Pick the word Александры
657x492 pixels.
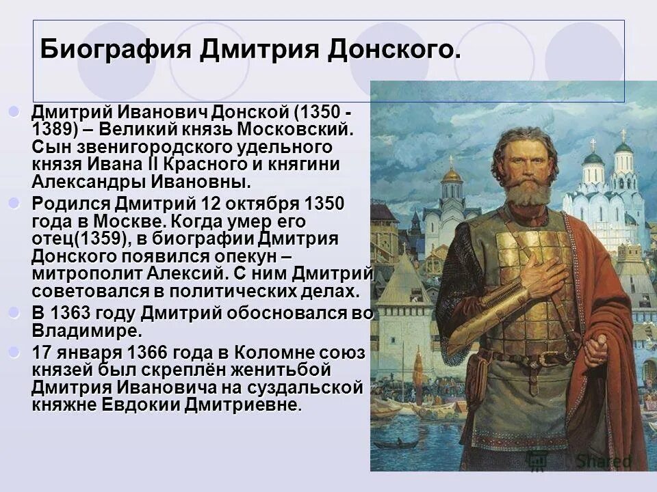tap(86, 182)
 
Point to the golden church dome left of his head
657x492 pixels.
tap(452, 174)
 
